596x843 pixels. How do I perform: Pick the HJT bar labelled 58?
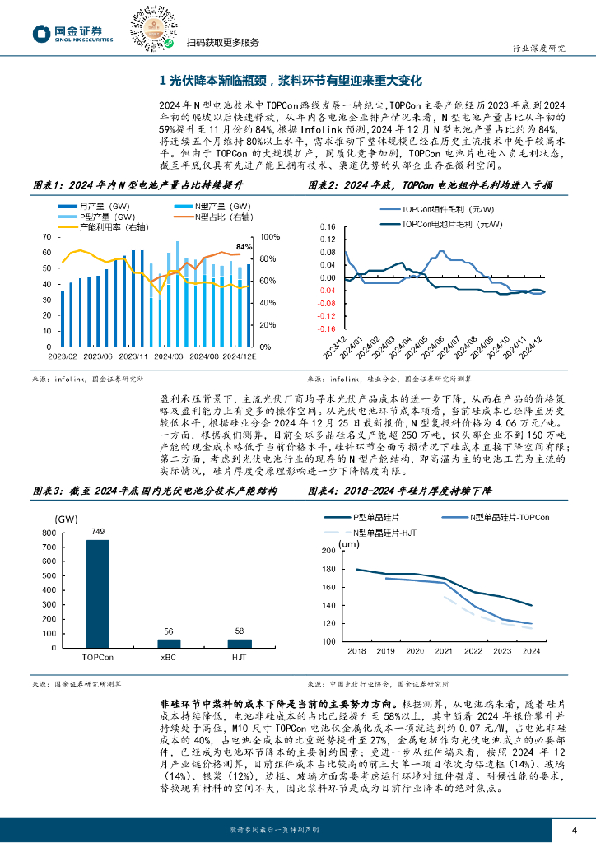(x=238, y=643)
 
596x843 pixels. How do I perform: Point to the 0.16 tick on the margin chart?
(x=326, y=226)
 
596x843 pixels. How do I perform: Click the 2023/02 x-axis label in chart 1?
(x=63, y=356)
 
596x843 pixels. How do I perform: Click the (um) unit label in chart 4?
(x=350, y=544)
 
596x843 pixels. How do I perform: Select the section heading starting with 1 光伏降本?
(x=289, y=81)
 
